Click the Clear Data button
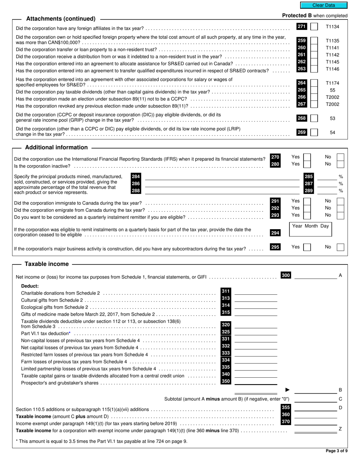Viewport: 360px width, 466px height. pyautogui.click(x=323, y=5)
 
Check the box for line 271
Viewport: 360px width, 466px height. pyautogui.click(x=314, y=27)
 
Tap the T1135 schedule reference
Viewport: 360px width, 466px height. pyautogui.click(x=332, y=41)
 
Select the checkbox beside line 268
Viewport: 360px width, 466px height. pyautogui.click(x=314, y=119)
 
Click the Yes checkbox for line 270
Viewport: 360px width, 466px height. pyautogui.click(x=307, y=157)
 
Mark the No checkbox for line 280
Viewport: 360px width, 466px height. pyautogui.click(x=340, y=164)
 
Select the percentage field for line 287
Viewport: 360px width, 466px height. pyautogui.click(x=327, y=184)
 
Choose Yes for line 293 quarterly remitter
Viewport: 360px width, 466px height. pyautogui.click(x=307, y=215)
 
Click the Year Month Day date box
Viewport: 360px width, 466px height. pyautogui.click(x=310, y=230)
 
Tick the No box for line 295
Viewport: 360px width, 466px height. pyautogui.click(x=340, y=247)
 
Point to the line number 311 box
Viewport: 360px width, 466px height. pyautogui.click(x=225, y=291)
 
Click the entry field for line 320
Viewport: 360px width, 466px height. pyautogui.click(x=256, y=325)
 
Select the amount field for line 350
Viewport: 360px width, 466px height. pyautogui.click(x=256, y=382)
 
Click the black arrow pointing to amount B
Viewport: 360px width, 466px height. pyautogui.click(x=287, y=390)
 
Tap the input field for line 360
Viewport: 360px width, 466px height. pyautogui.click(x=315, y=415)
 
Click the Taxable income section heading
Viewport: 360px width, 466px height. pyautogui.click(x=47, y=264)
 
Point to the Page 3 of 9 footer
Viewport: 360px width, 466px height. pyautogui.click(x=336, y=451)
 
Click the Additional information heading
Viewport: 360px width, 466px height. pyautogui.click(x=56, y=147)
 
